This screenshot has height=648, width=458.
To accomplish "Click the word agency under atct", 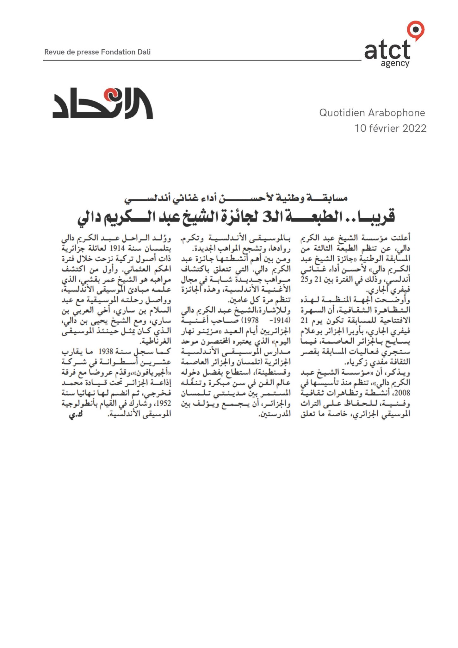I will tap(395, 64).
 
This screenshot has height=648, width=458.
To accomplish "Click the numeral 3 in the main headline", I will tap(266, 217).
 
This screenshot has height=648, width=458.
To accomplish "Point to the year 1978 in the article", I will tap(250, 320).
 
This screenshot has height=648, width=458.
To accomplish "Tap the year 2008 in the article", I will tap(402, 393).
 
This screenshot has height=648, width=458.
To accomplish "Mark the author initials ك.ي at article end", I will tap(76, 414).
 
